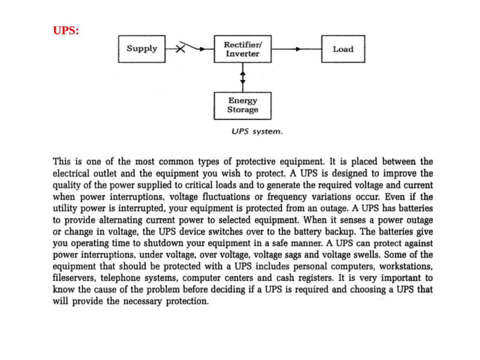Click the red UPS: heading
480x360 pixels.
[66, 30]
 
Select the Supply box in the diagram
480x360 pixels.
[142, 49]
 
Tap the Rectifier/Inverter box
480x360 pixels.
[243, 49]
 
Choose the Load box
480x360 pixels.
[343, 49]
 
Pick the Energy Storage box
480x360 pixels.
[243, 105]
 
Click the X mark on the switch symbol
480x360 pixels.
[180, 49]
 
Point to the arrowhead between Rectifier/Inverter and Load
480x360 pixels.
[298, 49]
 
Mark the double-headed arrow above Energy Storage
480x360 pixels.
[243, 77]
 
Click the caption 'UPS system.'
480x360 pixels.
[257, 131]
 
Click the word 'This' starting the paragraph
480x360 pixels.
[61, 161]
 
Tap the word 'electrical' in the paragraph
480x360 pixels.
[71, 173]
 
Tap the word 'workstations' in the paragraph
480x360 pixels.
[406, 266]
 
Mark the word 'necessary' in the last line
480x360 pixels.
[142, 301]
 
